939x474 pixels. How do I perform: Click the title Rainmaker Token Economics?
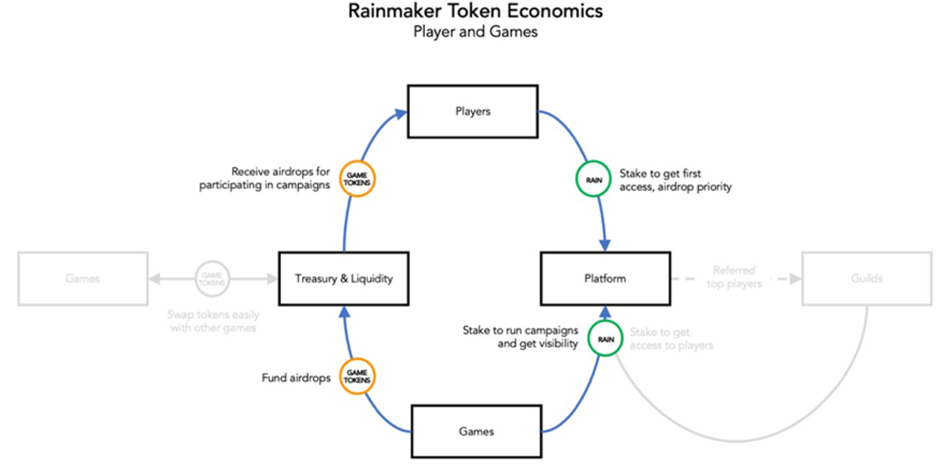click(x=476, y=13)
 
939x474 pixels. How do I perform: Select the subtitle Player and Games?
click(x=476, y=33)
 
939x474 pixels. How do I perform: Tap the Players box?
click(x=473, y=111)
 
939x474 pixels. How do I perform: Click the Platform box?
click(x=605, y=278)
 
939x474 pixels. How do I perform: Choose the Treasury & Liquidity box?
click(x=344, y=278)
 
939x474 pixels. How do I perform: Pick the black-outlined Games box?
click(x=476, y=431)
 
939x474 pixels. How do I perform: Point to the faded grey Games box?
click(x=82, y=278)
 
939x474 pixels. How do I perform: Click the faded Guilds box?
click(x=867, y=278)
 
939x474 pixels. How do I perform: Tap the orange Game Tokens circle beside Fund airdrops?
click(x=358, y=375)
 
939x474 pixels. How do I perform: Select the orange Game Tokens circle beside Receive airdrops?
click(x=358, y=179)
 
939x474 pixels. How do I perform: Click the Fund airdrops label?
click(x=295, y=378)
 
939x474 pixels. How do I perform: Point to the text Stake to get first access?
click(x=675, y=180)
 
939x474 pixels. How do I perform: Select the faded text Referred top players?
click(x=734, y=278)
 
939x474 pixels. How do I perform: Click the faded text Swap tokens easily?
click(x=212, y=321)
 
